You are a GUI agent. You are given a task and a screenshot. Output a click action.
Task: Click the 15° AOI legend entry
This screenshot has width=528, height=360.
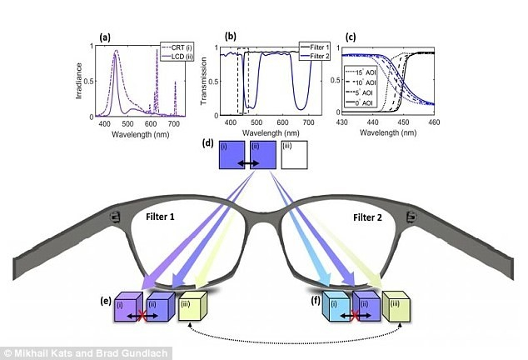coord(366,73)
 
